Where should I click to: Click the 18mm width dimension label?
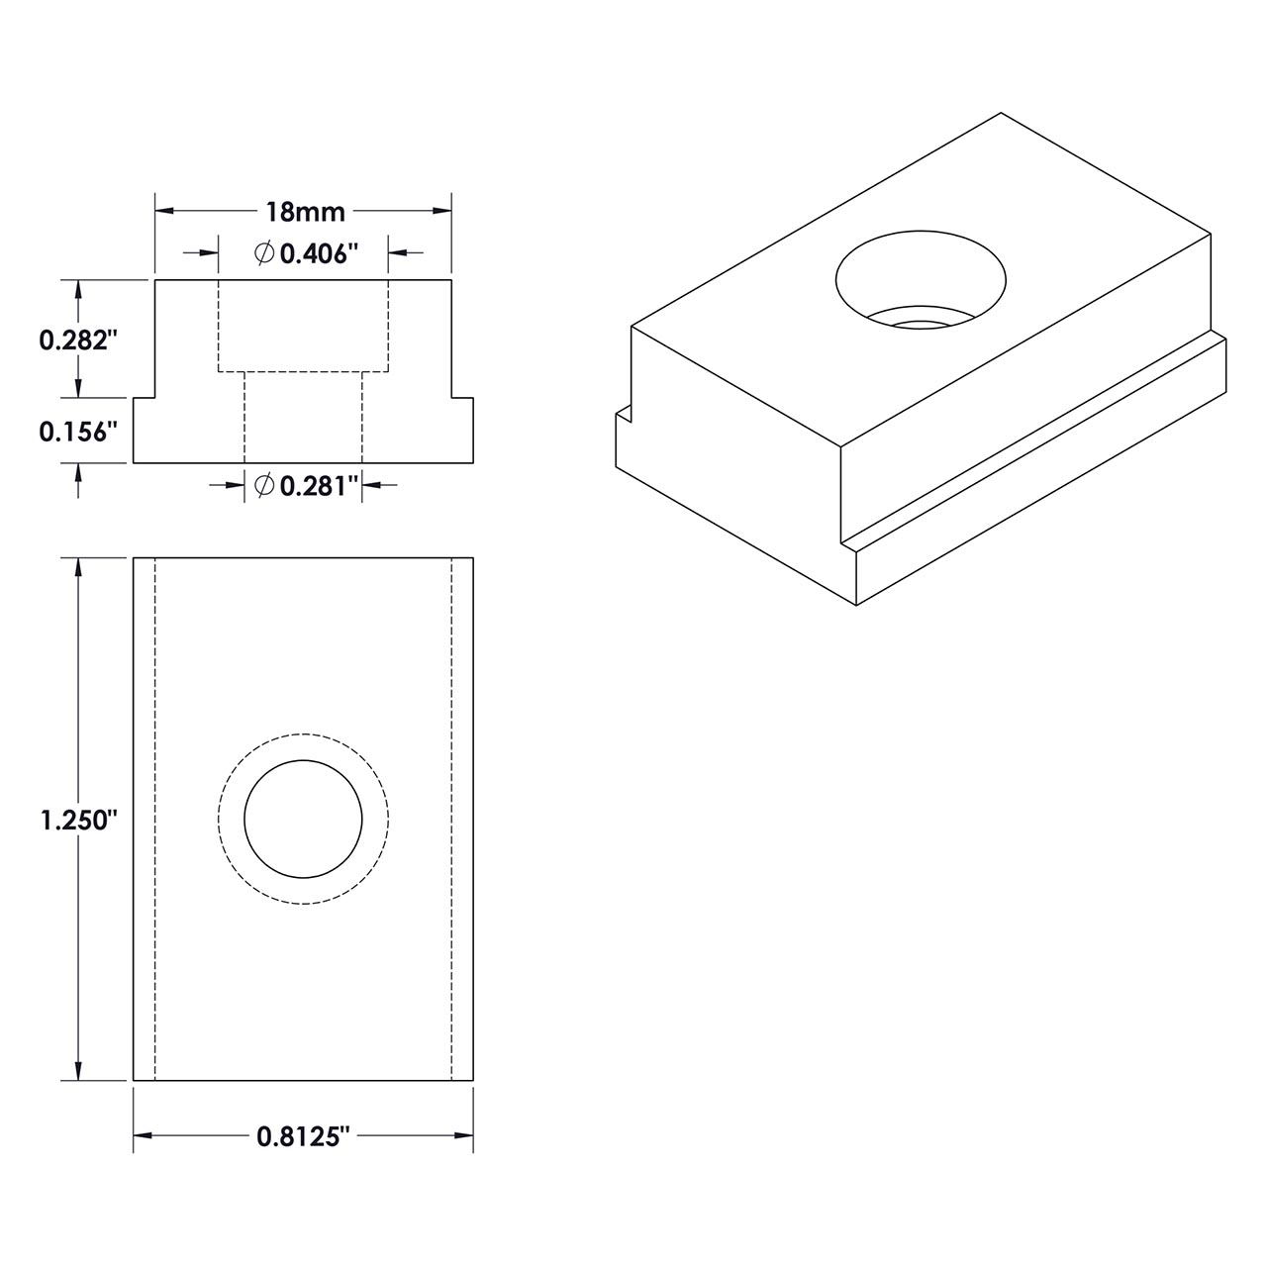pyautogui.click(x=304, y=211)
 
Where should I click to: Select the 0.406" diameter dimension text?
pyautogui.click(x=316, y=254)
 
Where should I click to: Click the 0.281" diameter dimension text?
pyautogui.click(x=316, y=485)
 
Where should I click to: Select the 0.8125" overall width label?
pyautogui.click(x=304, y=1137)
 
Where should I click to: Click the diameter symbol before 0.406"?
pyautogui.click(x=264, y=254)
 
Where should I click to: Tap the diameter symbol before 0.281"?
pyautogui.click(x=264, y=485)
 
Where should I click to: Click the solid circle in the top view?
pyautogui.click(x=304, y=820)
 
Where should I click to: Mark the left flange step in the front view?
pyautogui.click(x=145, y=400)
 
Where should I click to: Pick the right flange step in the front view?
pyautogui.click(x=462, y=400)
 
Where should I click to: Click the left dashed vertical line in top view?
pyautogui.click(x=155, y=820)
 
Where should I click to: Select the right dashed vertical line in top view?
pyautogui.click(x=452, y=820)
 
